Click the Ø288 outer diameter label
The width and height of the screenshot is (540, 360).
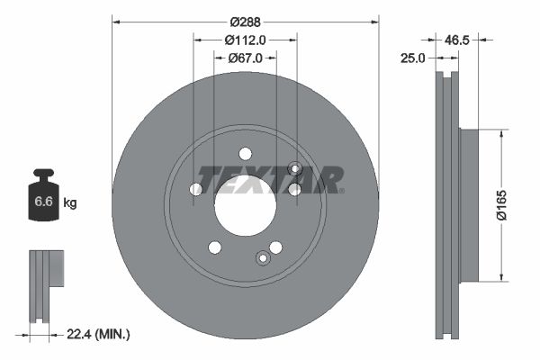coord(245,21)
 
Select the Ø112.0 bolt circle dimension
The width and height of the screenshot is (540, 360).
coord(245,40)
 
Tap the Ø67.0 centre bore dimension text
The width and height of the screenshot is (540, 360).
coord(245,58)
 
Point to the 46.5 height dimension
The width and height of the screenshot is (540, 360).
coord(459,40)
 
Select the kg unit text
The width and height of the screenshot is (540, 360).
coord(70,204)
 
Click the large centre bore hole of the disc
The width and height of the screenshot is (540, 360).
coord(245,204)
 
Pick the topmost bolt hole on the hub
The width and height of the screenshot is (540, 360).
coord(245,155)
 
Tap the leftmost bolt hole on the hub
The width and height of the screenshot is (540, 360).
coord(196,189)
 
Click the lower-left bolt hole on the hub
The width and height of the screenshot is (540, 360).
coord(214,247)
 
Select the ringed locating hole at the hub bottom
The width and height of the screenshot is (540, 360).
coord(263,258)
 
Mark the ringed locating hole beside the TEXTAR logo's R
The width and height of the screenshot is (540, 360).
coord(294,168)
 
